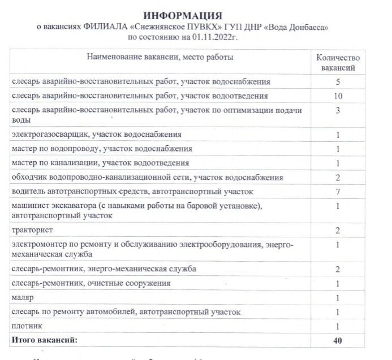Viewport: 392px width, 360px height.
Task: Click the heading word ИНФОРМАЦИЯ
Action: click(x=183, y=15)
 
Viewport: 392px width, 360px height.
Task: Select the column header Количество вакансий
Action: click(x=338, y=62)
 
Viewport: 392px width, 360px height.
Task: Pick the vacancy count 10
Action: click(x=338, y=96)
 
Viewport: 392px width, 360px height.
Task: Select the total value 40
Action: click(x=338, y=340)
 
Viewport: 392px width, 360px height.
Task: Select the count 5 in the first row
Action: click(x=338, y=81)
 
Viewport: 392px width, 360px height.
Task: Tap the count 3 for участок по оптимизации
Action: click(x=338, y=111)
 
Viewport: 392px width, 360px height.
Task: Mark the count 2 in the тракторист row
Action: click(x=338, y=231)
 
